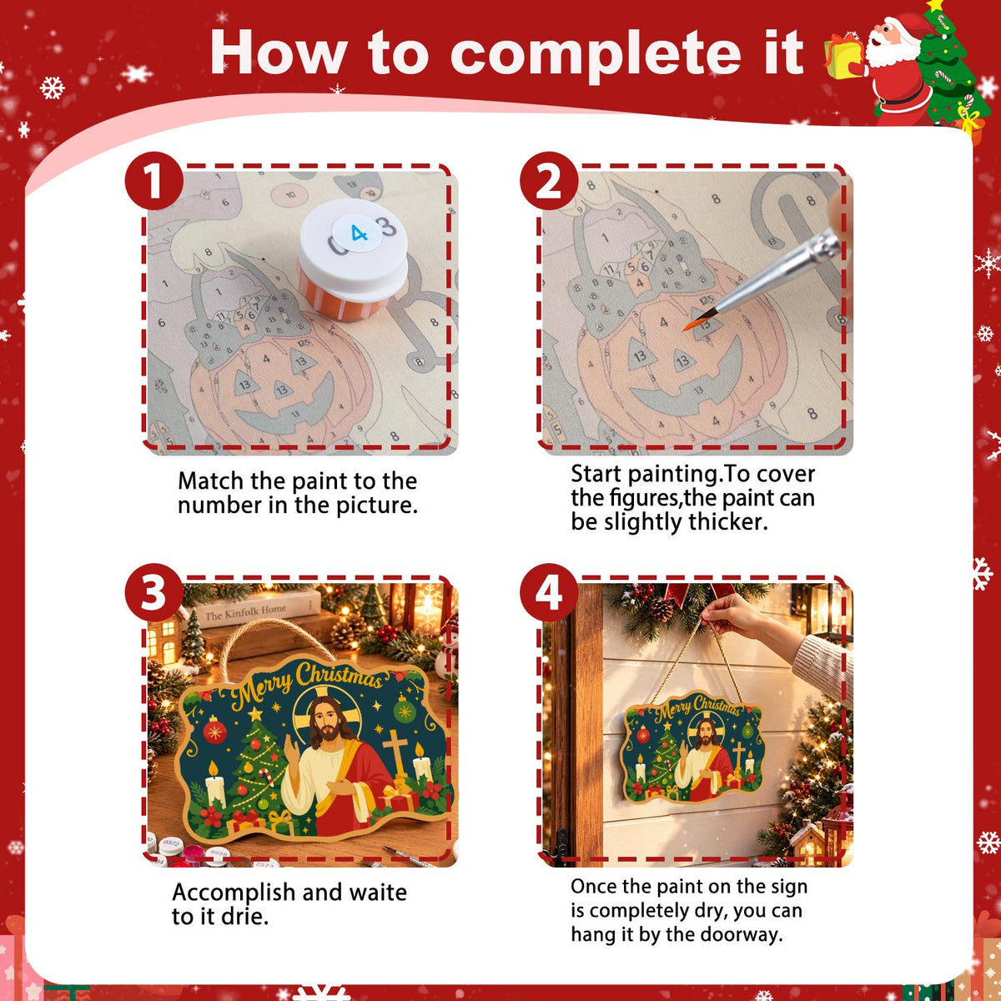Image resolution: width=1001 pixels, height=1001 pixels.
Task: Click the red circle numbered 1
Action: pyautogui.click(x=153, y=181)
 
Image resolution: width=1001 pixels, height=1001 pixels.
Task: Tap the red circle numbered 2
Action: pyautogui.click(x=549, y=181)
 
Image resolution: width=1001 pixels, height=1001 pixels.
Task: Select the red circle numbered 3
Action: pyautogui.click(x=153, y=592)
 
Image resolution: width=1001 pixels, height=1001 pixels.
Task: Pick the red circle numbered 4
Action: pyautogui.click(x=549, y=592)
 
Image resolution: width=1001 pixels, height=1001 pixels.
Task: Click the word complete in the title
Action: pyautogui.click(x=596, y=54)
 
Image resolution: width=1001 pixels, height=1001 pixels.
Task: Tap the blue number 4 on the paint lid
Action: pyautogui.click(x=359, y=234)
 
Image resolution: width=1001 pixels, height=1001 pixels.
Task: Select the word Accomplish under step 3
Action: pyautogui.click(x=234, y=893)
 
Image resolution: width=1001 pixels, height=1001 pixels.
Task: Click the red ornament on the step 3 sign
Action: pyautogui.click(x=214, y=731)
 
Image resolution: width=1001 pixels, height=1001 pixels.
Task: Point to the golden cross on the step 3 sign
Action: pyautogui.click(x=396, y=752)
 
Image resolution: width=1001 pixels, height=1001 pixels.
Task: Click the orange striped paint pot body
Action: pyautogui.click(x=343, y=301)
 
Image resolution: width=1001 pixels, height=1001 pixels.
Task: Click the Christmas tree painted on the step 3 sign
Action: pyautogui.click(x=257, y=769)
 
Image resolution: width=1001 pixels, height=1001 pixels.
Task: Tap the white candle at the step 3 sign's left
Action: pyautogui.click(x=215, y=786)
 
